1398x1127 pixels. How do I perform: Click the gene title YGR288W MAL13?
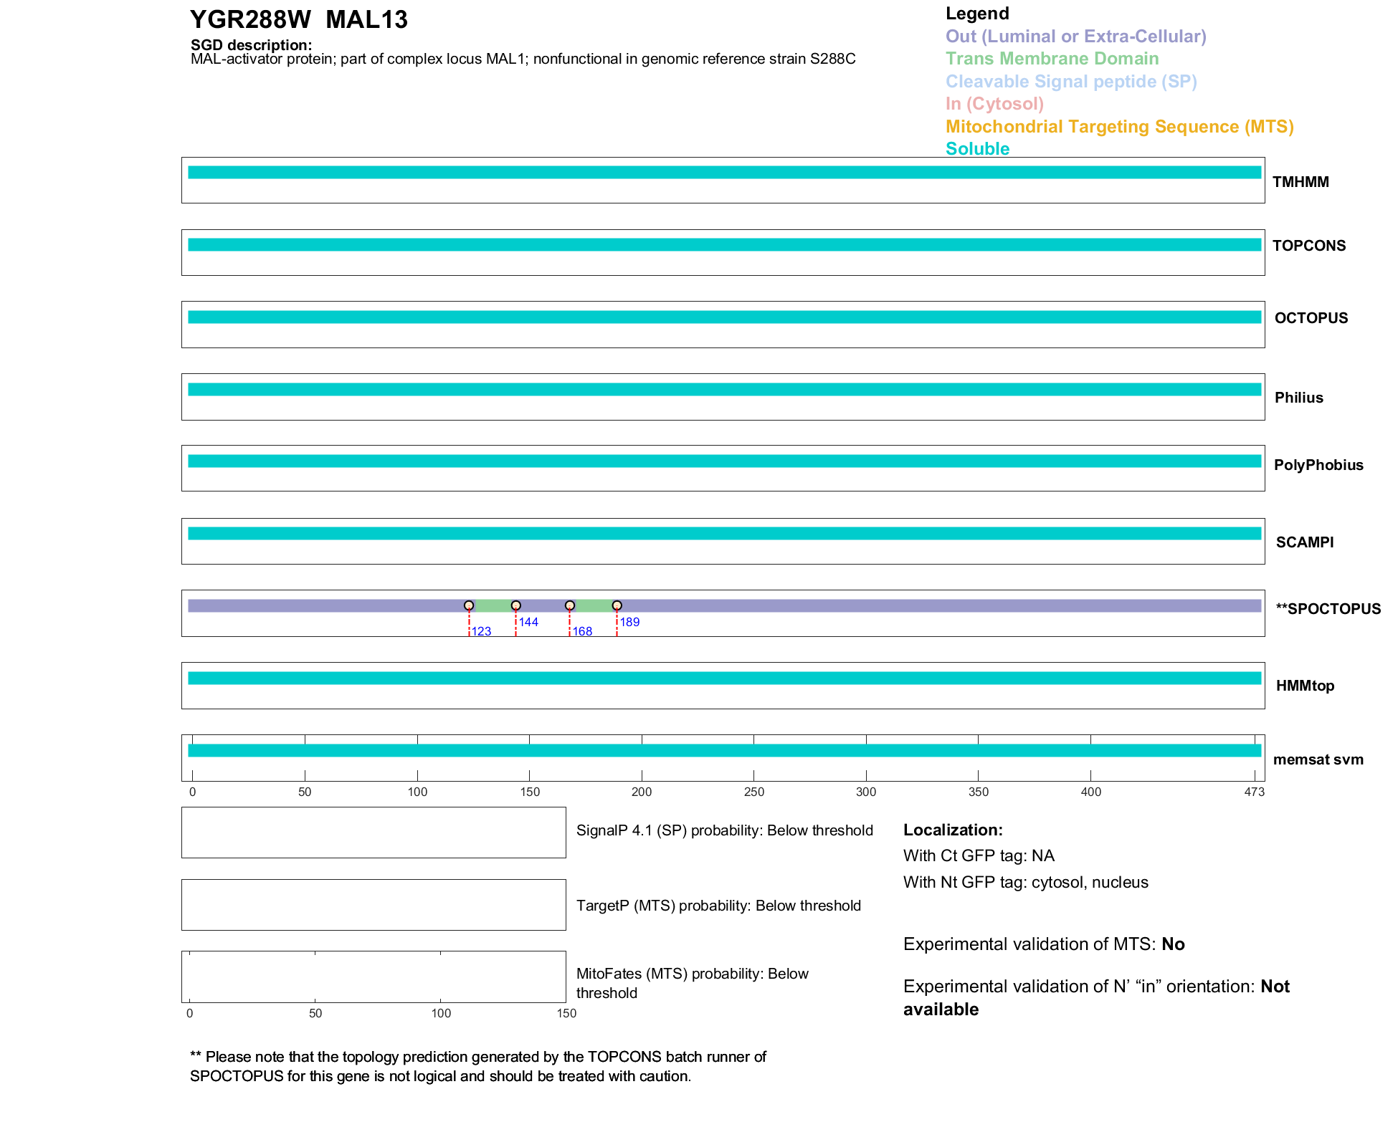coord(298,19)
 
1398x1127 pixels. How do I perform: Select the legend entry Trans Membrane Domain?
coord(1052,59)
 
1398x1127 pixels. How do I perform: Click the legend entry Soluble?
coord(977,149)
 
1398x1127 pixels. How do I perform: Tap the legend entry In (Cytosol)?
coord(994,104)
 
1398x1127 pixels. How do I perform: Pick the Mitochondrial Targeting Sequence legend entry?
coord(1119,127)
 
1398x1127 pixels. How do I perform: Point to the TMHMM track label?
coord(1300,182)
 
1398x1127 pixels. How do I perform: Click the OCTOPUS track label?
coord(1311,318)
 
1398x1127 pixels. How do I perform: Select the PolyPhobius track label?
coord(1318,465)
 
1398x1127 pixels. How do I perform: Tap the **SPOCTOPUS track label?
coord(1328,609)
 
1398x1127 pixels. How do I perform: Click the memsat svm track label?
coord(1318,759)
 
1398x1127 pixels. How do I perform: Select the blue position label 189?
coord(629,622)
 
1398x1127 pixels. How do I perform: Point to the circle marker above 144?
coord(515,605)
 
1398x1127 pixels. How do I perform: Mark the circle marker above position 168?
coord(570,605)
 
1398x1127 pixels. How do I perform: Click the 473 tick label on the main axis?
coord(1255,792)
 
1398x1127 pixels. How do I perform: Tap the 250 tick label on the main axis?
coord(753,792)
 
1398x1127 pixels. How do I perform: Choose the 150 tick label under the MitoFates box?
coord(566,1013)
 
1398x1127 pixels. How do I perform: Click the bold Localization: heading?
coord(953,830)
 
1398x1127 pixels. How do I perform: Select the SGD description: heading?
coord(251,45)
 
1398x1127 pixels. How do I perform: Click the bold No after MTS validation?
coord(1173,944)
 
